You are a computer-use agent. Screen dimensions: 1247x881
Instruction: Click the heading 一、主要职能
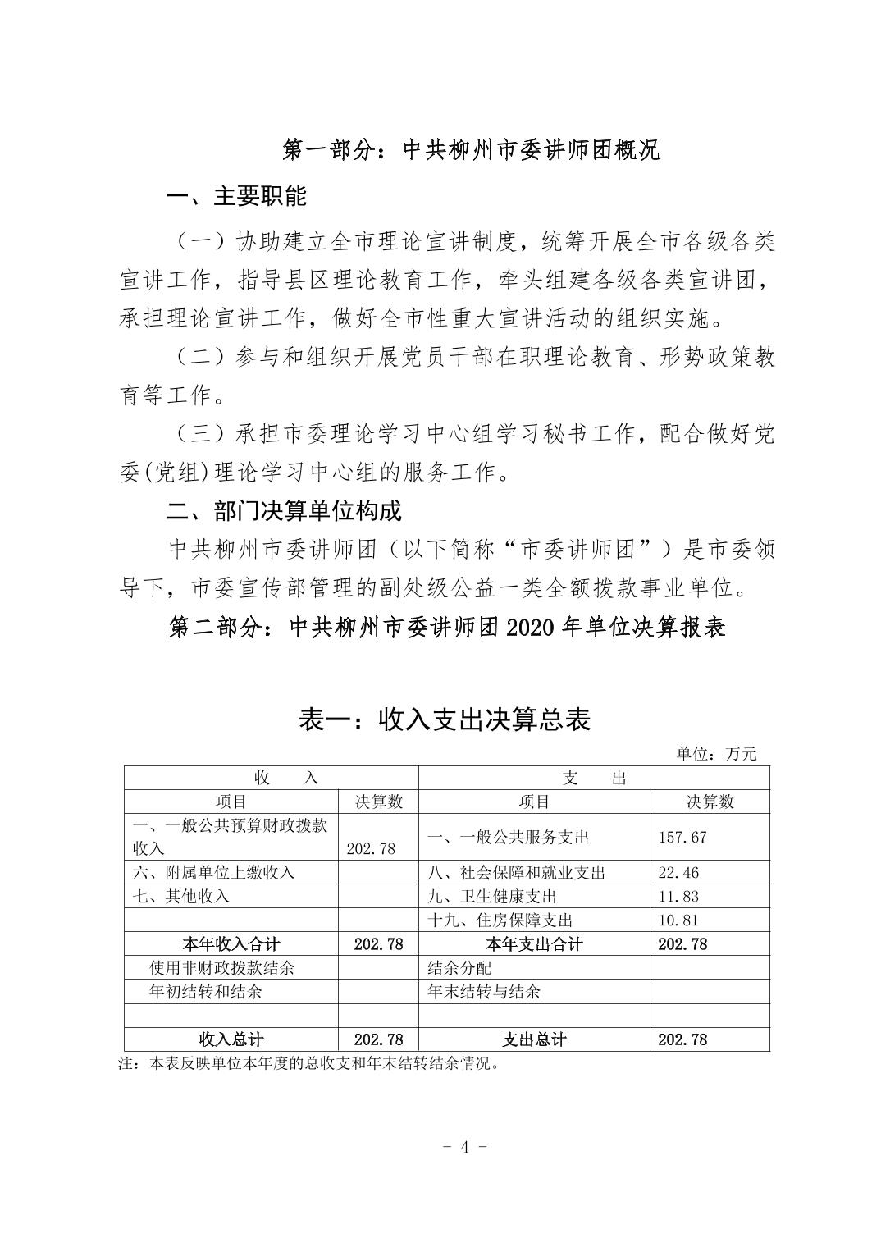tap(236, 197)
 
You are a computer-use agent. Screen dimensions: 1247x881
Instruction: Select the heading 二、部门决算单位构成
tap(284, 511)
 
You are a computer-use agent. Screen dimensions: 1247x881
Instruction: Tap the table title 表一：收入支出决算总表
tap(444, 719)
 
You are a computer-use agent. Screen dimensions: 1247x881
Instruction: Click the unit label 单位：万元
tap(716, 754)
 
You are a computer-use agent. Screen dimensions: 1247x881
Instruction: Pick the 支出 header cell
tap(594, 779)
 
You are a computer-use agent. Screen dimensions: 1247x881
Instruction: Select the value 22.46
tap(679, 873)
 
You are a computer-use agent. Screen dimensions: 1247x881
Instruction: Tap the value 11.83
tap(679, 897)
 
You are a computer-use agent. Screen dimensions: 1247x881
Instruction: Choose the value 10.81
tap(679, 920)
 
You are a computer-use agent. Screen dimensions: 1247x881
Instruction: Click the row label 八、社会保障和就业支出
tap(517, 873)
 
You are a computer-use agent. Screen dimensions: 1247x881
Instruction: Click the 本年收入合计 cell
tap(231, 944)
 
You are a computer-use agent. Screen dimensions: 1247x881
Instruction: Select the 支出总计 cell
tap(533, 1039)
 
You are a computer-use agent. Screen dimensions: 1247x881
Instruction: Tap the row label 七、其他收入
tap(181, 897)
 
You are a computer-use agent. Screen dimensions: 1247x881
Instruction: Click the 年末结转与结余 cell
tap(485, 992)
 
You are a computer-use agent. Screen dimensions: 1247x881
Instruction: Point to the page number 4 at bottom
tap(464, 1147)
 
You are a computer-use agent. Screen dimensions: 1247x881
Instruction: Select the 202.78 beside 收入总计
tap(378, 1039)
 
